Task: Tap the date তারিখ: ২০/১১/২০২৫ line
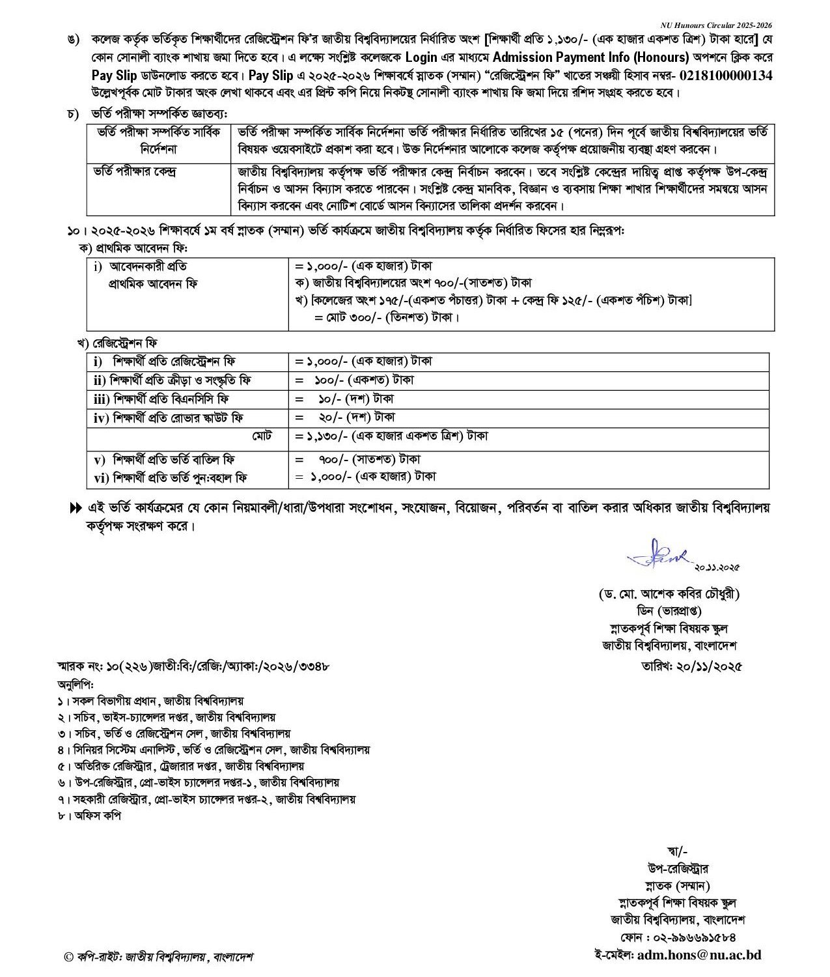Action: tap(692, 666)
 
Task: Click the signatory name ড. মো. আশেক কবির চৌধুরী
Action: tap(670, 594)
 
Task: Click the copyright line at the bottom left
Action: tap(159, 957)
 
